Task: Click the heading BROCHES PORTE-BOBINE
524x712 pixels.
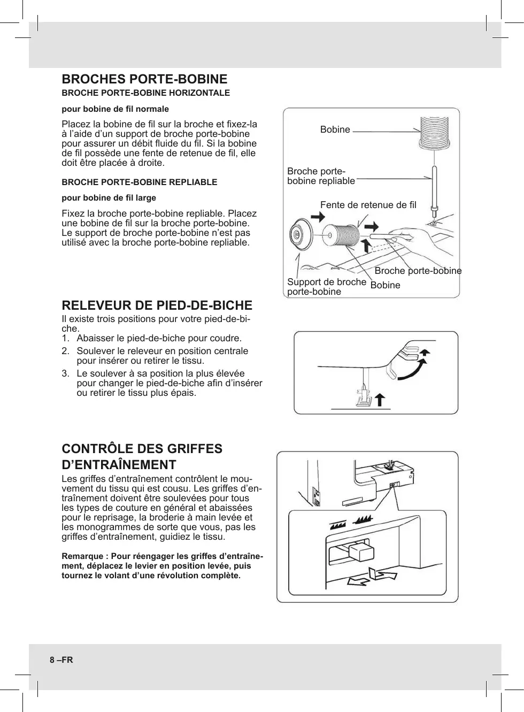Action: [144, 79]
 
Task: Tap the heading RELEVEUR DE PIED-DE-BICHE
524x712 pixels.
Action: [157, 305]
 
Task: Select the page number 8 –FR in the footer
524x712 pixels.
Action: [61, 660]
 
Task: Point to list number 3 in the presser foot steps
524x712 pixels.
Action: [65, 373]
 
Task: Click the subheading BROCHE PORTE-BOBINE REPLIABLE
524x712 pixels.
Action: [139, 182]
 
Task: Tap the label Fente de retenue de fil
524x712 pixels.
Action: [368, 205]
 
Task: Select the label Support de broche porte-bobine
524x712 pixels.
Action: [326, 287]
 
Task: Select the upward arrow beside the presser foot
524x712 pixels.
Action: [380, 400]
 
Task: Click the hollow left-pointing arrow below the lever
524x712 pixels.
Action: [360, 581]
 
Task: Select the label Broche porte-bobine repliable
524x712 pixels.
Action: [321, 176]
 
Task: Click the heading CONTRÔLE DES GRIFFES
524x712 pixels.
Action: [142, 449]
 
